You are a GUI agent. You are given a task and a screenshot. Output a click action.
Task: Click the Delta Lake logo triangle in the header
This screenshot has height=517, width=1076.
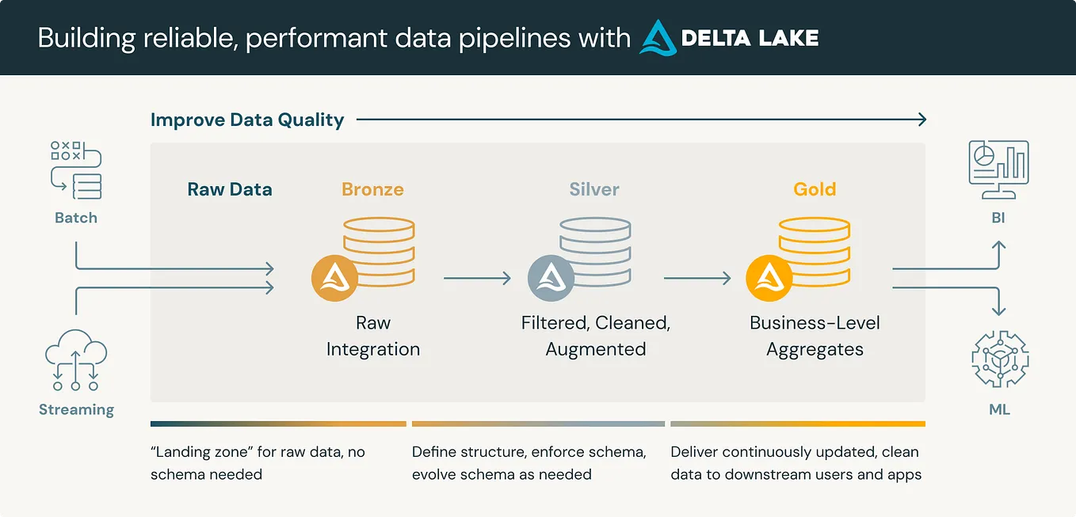[658, 37]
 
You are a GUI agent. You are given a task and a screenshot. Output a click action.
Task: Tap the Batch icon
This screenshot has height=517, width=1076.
[76, 170]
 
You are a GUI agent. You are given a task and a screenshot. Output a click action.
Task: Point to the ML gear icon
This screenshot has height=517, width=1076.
[999, 359]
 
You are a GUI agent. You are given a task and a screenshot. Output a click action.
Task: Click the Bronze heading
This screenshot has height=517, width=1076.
[372, 189]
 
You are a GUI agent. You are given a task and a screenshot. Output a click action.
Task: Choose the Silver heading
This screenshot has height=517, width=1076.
[594, 189]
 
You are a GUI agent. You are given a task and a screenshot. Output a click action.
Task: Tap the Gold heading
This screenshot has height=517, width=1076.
[815, 189]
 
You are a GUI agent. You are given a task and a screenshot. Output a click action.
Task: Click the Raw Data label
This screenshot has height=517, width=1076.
[230, 189]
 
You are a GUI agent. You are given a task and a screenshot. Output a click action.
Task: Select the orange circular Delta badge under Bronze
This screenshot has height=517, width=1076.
[335, 278]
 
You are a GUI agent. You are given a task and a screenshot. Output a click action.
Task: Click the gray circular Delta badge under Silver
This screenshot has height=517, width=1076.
[551, 278]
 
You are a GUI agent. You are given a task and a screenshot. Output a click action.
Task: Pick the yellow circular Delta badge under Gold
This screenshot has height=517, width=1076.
[769, 278]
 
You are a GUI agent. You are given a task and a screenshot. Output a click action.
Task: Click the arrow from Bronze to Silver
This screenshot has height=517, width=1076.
[477, 278]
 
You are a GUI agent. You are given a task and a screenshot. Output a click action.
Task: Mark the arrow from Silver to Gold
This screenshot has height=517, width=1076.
[696, 278]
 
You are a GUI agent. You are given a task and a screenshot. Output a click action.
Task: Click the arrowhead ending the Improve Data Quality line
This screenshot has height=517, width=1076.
[921, 120]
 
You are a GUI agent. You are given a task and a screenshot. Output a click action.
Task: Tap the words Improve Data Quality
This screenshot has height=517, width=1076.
[247, 120]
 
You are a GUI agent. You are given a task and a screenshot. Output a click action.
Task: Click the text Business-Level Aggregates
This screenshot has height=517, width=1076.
[815, 336]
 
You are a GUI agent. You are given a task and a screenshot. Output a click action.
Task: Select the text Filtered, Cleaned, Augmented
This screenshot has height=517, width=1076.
[596, 336]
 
